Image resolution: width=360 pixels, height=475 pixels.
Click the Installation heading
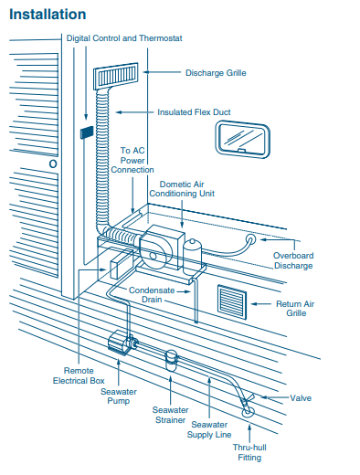pyautogui.click(x=48, y=15)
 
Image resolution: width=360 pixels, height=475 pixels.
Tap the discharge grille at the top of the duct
pyautogui.click(x=116, y=76)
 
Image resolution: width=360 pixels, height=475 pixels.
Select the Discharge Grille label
pyautogui.click(x=216, y=73)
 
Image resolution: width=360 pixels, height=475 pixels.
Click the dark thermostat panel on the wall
pyautogui.click(x=87, y=132)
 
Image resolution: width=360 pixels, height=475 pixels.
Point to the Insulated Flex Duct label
pyautogui.click(x=194, y=112)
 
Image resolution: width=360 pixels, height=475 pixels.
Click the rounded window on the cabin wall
pyautogui.click(x=243, y=139)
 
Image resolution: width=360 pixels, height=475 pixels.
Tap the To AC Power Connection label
pyautogui.click(x=132, y=160)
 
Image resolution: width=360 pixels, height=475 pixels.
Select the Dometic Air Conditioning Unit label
pyautogui.click(x=182, y=189)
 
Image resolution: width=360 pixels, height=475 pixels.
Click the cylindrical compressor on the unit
pyautogui.click(x=192, y=256)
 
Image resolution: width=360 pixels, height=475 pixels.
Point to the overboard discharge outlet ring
pyautogui.click(x=251, y=239)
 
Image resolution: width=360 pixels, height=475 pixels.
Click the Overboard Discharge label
pyautogui.click(x=293, y=260)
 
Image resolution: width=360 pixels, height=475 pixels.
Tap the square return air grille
pyautogui.click(x=232, y=302)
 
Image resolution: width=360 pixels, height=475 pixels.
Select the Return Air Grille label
pyautogui.click(x=295, y=309)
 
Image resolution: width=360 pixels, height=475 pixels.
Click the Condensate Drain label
pyautogui.click(x=152, y=295)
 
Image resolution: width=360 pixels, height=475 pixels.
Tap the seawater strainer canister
pyautogui.click(x=171, y=360)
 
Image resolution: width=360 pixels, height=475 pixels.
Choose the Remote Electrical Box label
pyautogui.click(x=79, y=375)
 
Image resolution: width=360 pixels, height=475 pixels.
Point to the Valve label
pyautogui.click(x=301, y=398)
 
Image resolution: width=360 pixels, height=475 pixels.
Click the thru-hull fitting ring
pyautogui.click(x=248, y=413)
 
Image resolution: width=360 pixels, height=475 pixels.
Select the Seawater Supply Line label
pyautogui.click(x=209, y=429)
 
